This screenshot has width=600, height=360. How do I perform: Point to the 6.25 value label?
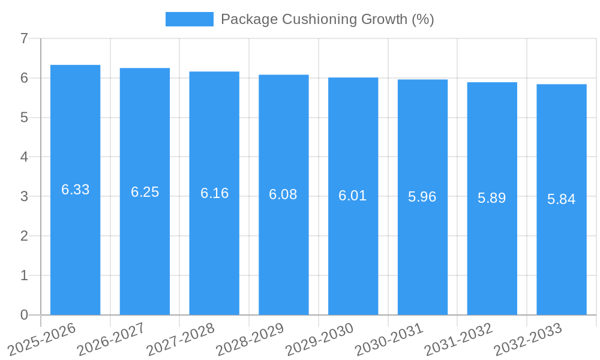145,192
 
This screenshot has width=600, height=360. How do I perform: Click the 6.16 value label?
214,193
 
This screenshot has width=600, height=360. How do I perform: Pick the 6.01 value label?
353,196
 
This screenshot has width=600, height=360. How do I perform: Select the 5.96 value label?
422,197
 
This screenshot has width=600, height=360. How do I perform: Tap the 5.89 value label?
492,198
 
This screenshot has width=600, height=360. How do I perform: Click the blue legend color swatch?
189,19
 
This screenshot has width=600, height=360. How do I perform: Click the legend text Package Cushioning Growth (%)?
327,19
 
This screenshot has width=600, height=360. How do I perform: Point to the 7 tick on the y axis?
24,39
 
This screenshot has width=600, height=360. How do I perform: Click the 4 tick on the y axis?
24,157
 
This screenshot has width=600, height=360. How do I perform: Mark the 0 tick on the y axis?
24,315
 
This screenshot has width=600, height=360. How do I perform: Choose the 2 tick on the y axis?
24,236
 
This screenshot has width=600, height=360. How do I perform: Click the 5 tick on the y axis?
24,118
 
